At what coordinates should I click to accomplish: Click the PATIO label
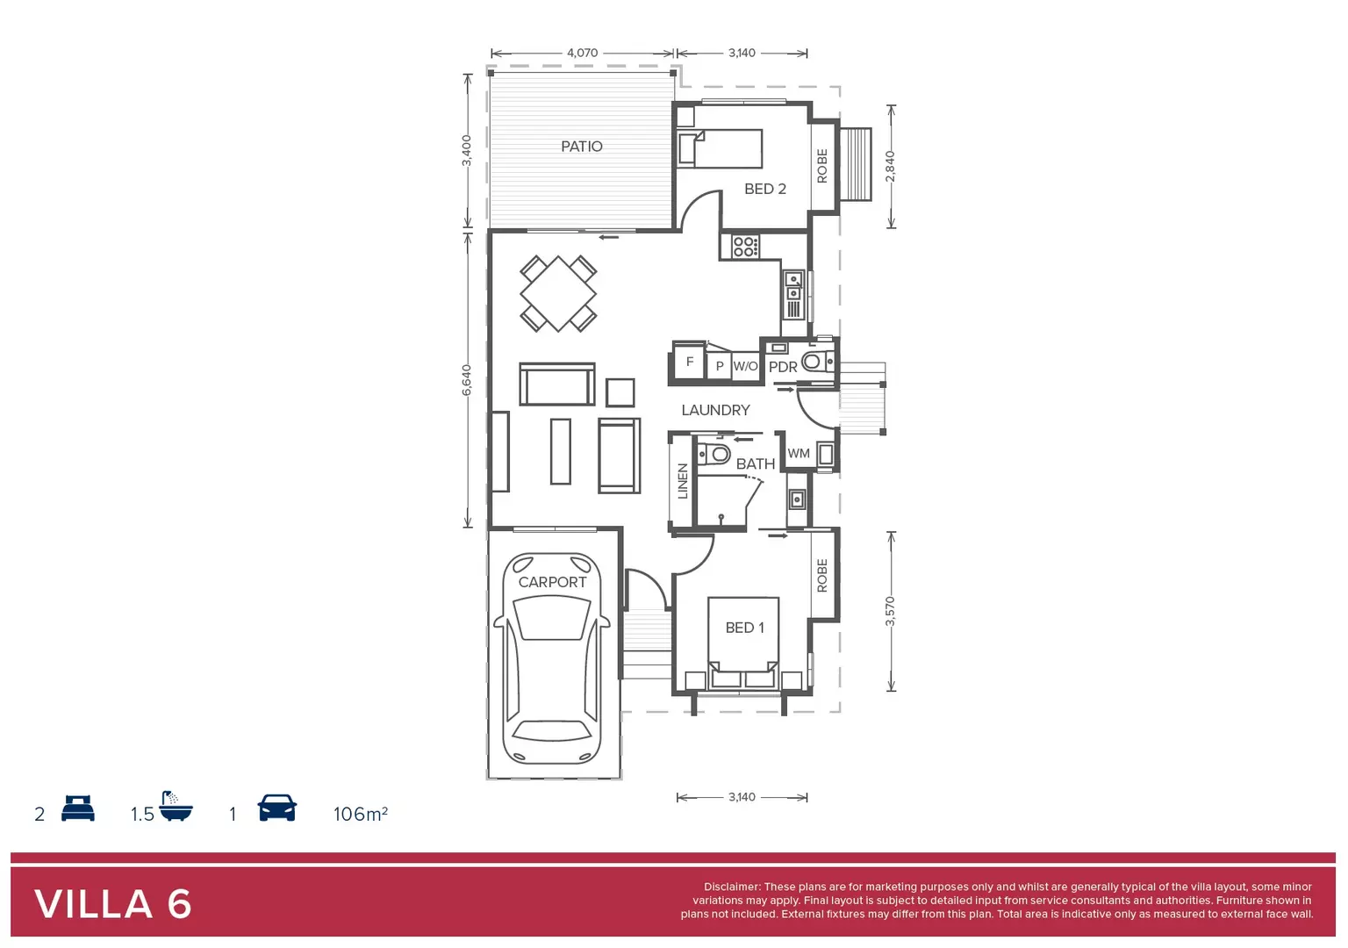[582, 147]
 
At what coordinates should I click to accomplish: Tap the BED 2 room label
[764, 189]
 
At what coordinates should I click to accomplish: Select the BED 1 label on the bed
[744, 628]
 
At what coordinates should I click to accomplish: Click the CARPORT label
[552, 582]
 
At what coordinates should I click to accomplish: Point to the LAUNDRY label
[715, 410]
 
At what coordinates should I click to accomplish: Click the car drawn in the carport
[552, 667]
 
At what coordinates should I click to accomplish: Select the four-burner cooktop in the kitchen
[745, 247]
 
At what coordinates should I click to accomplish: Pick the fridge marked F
[689, 362]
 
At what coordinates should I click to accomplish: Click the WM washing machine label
[799, 454]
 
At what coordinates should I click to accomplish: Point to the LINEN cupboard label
[683, 481]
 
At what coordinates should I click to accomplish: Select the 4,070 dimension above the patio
[582, 53]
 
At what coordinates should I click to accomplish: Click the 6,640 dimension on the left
[467, 380]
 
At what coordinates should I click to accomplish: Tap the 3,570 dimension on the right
[890, 611]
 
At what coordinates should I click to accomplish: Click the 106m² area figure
[360, 814]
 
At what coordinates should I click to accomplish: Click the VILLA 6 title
[113, 904]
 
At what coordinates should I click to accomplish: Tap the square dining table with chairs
[558, 293]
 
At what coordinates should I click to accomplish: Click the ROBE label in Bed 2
[822, 166]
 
